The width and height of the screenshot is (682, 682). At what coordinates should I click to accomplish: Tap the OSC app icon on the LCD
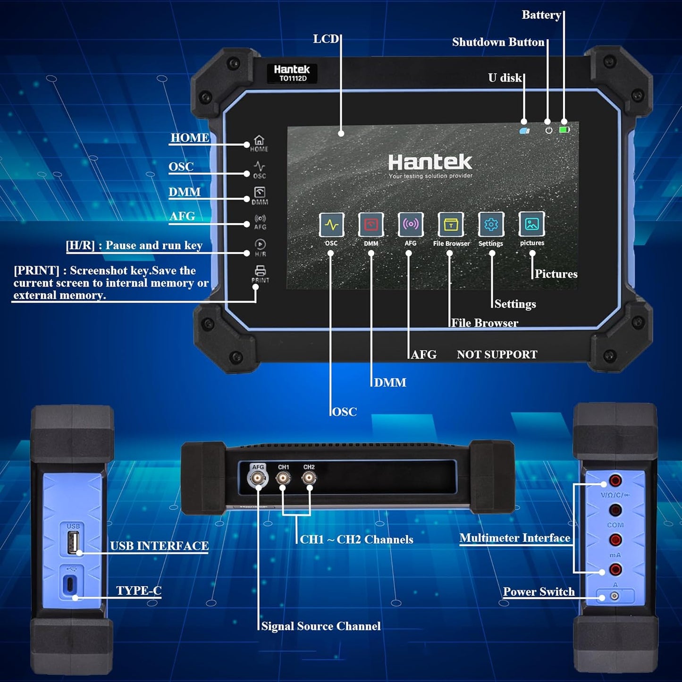[331, 225]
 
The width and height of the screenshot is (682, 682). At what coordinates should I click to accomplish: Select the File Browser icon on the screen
[451, 225]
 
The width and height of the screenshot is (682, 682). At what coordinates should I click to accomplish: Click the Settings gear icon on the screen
[491, 225]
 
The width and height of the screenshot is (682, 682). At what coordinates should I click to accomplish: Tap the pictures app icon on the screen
[532, 224]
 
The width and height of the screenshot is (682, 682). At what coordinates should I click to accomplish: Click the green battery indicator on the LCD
[564, 129]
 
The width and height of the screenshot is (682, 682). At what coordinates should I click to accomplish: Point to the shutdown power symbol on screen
[548, 130]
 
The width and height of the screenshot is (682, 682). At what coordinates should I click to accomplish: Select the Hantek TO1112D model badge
[292, 73]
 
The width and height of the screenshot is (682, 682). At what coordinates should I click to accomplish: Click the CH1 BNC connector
[283, 478]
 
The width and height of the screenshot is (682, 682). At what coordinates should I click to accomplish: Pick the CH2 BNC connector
[309, 478]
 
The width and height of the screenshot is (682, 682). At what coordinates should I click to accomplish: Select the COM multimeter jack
[615, 510]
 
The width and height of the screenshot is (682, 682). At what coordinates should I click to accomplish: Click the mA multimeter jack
[615, 539]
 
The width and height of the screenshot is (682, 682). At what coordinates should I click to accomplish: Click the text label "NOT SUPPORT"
[497, 354]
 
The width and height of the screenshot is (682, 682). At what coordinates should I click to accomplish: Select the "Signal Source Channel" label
[321, 626]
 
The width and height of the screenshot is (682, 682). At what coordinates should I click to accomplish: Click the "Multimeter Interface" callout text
[514, 538]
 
